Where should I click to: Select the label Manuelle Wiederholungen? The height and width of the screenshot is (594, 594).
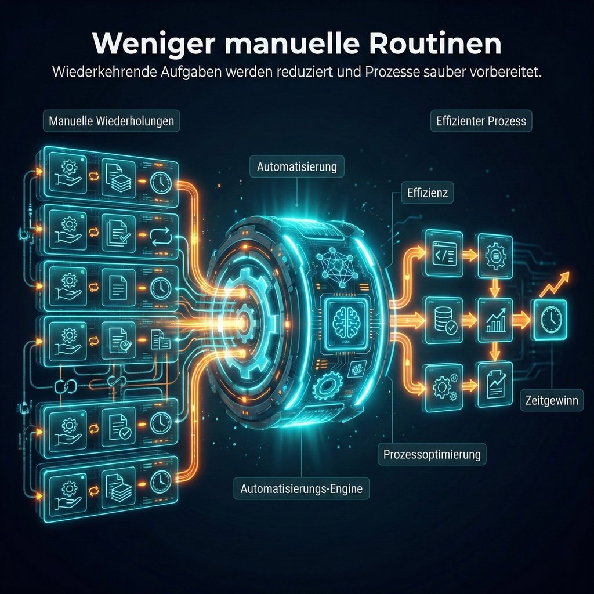click(111, 122)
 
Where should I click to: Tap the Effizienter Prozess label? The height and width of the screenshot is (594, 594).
click(481, 122)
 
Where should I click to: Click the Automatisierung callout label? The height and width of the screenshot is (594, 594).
click(296, 167)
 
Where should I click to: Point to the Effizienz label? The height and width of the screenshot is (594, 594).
click(427, 194)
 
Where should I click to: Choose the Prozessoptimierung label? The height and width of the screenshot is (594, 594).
click(432, 454)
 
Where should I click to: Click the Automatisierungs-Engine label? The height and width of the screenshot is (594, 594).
click(301, 488)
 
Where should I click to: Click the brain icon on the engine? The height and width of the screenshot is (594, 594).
click(345, 321)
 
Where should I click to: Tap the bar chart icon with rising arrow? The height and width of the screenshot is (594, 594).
click(494, 320)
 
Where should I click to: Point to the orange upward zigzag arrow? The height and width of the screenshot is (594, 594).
click(555, 284)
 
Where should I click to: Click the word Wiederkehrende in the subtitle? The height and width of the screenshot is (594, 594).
click(99, 73)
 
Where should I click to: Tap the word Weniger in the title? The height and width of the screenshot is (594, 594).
click(154, 45)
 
